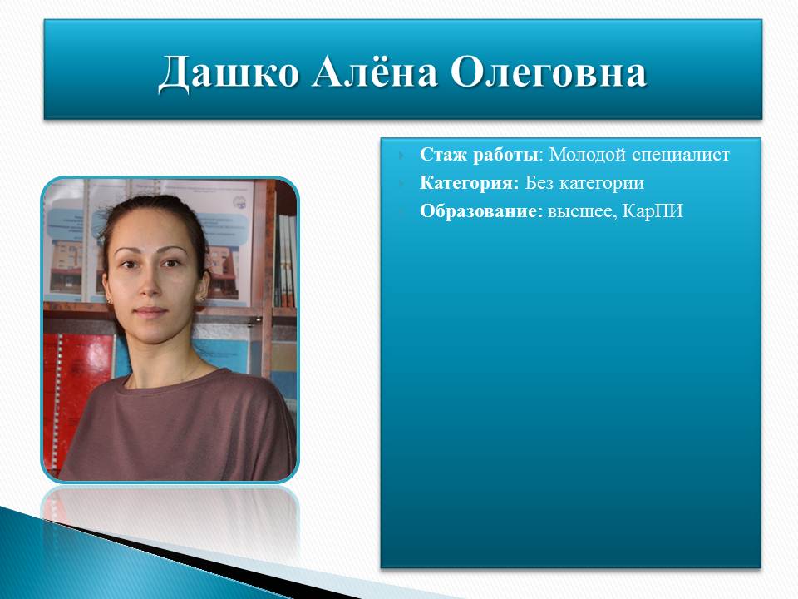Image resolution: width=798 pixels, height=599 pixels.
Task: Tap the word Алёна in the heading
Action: (x=375, y=72)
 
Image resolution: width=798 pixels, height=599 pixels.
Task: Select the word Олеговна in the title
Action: (x=549, y=72)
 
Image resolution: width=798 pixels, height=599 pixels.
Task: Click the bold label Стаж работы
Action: (x=479, y=155)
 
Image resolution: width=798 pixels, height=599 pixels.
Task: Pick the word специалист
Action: (x=681, y=155)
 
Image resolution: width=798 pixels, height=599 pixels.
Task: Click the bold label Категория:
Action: (x=469, y=183)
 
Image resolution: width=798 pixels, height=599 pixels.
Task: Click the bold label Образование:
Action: (x=481, y=211)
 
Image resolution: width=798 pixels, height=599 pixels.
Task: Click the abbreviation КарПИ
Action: (x=653, y=210)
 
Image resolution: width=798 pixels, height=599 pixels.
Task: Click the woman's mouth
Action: (x=150, y=312)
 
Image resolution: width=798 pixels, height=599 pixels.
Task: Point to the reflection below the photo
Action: (x=170, y=519)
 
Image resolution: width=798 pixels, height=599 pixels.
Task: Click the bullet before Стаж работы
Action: (x=402, y=155)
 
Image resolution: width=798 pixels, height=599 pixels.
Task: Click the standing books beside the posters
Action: (x=286, y=260)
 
